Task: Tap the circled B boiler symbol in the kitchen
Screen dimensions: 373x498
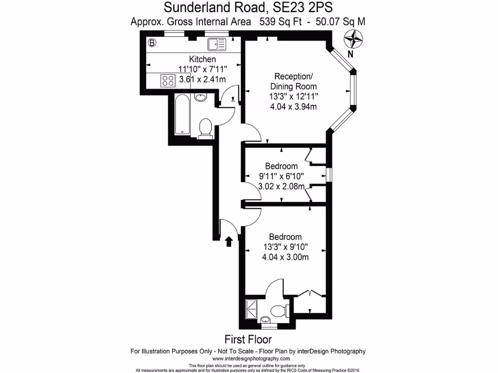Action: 152,44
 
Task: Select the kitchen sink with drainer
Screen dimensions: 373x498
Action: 216,45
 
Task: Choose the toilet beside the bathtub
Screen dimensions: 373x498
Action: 206,129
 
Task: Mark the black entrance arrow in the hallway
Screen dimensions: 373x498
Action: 230,241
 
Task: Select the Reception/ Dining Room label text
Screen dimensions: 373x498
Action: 293,81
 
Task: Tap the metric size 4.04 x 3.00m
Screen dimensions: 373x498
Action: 285,257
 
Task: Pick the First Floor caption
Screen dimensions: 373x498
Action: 248,339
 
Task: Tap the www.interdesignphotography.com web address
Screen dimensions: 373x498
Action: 248,358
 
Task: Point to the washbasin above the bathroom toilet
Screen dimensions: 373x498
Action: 200,97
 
